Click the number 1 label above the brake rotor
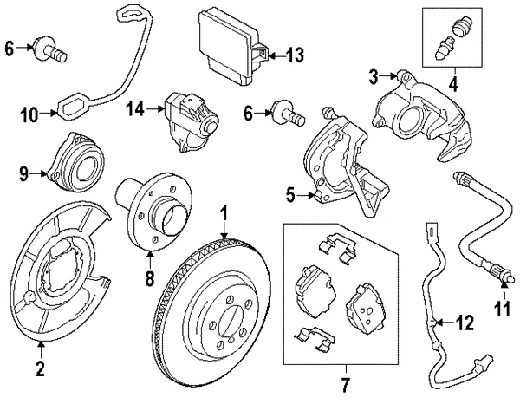224,212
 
